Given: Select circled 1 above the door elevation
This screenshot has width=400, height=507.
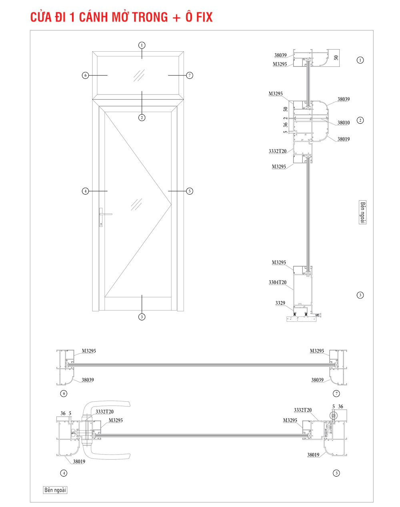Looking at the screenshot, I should [x=142, y=45].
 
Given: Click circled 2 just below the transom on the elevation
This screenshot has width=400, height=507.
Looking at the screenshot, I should [x=142, y=118].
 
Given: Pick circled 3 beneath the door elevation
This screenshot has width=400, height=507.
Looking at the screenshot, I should [x=142, y=317].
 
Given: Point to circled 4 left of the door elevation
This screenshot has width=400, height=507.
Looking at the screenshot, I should [x=85, y=191].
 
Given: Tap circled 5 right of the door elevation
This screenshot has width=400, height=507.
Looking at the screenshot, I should [x=190, y=191].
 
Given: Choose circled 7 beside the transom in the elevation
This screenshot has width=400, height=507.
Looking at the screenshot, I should [x=190, y=75].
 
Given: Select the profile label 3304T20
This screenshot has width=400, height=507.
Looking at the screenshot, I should [x=278, y=282].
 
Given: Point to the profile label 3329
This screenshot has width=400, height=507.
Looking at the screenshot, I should [x=280, y=303].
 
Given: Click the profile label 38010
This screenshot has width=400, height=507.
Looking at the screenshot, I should [x=343, y=123].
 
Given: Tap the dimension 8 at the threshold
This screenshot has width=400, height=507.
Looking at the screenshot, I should [x=317, y=316].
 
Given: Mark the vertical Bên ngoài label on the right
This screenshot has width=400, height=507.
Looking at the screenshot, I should [x=362, y=212].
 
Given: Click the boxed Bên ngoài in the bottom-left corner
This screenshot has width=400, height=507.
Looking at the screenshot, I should [x=55, y=490].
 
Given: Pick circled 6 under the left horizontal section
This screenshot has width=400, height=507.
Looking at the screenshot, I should [x=64, y=394].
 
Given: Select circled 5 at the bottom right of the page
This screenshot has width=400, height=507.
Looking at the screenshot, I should [x=336, y=473].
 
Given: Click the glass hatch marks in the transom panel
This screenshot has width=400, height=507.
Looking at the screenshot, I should [x=139, y=75].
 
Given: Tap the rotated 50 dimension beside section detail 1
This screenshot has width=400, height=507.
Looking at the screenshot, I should [x=336, y=58].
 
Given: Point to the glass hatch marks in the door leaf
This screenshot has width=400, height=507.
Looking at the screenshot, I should [x=137, y=204].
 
